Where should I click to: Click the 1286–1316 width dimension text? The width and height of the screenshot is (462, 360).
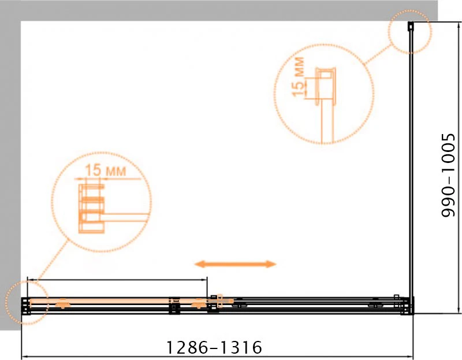[x=214, y=347]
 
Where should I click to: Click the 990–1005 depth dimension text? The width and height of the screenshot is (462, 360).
[x=449, y=176]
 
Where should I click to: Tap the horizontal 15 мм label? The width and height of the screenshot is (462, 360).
[x=106, y=170]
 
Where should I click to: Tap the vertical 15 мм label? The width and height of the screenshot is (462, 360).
[x=298, y=77]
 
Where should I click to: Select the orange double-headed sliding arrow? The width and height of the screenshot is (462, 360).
[x=235, y=264]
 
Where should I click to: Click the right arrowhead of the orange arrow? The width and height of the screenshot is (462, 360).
[x=271, y=264]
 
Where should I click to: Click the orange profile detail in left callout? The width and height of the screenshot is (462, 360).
[x=91, y=208]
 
